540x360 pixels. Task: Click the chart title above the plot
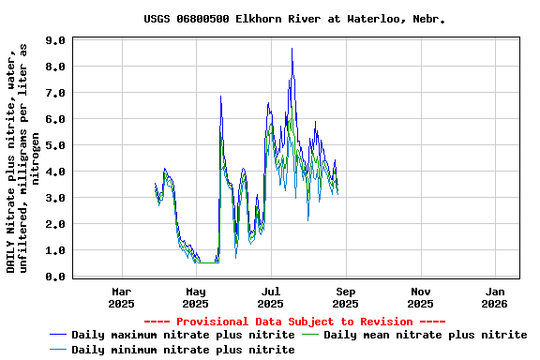294,19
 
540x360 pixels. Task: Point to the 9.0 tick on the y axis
55,41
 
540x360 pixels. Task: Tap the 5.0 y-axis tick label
55,146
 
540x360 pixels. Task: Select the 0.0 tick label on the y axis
55,277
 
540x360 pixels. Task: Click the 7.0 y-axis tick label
55,94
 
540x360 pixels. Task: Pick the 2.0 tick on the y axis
55,225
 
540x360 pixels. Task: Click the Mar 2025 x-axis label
121,297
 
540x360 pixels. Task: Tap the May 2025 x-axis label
195,297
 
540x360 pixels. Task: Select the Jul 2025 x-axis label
270,297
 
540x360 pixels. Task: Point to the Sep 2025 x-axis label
345,297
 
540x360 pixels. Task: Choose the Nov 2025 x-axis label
420,297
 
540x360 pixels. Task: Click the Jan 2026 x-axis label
495,297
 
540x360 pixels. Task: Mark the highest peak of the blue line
292,49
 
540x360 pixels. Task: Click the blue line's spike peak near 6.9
220,97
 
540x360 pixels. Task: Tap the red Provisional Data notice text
294,322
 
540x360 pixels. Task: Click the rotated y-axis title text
22,159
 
